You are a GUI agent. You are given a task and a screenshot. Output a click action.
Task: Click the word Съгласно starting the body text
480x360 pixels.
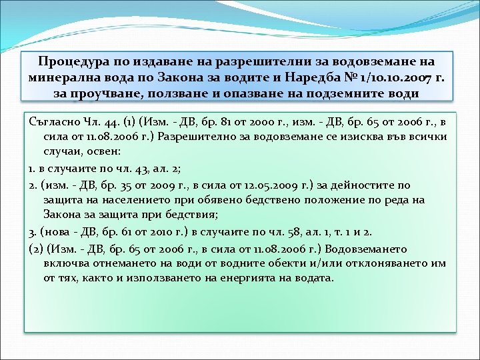pyautogui.click(x=55, y=123)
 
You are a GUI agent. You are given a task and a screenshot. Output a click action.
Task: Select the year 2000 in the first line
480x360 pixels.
pyautogui.click(x=266, y=123)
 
